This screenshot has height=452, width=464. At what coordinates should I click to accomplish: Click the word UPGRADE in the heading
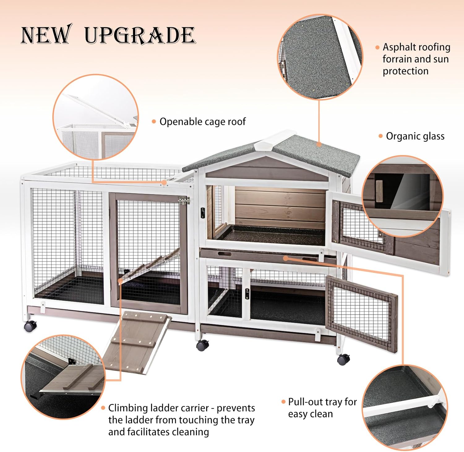[140, 35]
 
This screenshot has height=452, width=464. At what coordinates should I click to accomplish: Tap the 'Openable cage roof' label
[202, 122]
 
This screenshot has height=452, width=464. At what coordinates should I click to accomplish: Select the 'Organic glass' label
[415, 136]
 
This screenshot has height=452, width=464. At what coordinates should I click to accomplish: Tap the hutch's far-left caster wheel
[30, 326]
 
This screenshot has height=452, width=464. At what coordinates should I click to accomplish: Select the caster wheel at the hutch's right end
[343, 359]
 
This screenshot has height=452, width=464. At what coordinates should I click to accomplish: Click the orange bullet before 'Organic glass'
[380, 136]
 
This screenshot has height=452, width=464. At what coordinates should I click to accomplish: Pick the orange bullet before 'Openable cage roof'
[154, 122]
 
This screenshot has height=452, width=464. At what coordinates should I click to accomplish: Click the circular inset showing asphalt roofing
[320, 57]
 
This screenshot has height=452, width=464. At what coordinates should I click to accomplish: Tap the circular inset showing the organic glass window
[402, 196]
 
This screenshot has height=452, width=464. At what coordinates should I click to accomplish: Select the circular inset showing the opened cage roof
[96, 117]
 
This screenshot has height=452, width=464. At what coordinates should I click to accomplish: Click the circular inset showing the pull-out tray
[405, 407]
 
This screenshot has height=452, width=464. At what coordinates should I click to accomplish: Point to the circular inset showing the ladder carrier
[63, 377]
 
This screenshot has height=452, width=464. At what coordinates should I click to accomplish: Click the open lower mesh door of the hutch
[361, 309]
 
